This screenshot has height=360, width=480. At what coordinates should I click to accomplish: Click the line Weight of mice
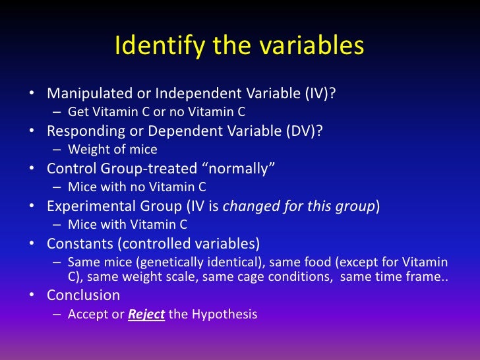point(112,150)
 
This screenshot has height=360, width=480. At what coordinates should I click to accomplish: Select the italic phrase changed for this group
point(299,206)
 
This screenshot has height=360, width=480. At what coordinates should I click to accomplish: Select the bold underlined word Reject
point(146,315)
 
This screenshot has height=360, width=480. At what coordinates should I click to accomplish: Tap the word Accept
point(88,315)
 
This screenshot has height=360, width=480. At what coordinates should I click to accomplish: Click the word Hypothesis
point(224,315)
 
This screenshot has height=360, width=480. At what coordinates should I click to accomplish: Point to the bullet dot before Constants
point(31,244)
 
